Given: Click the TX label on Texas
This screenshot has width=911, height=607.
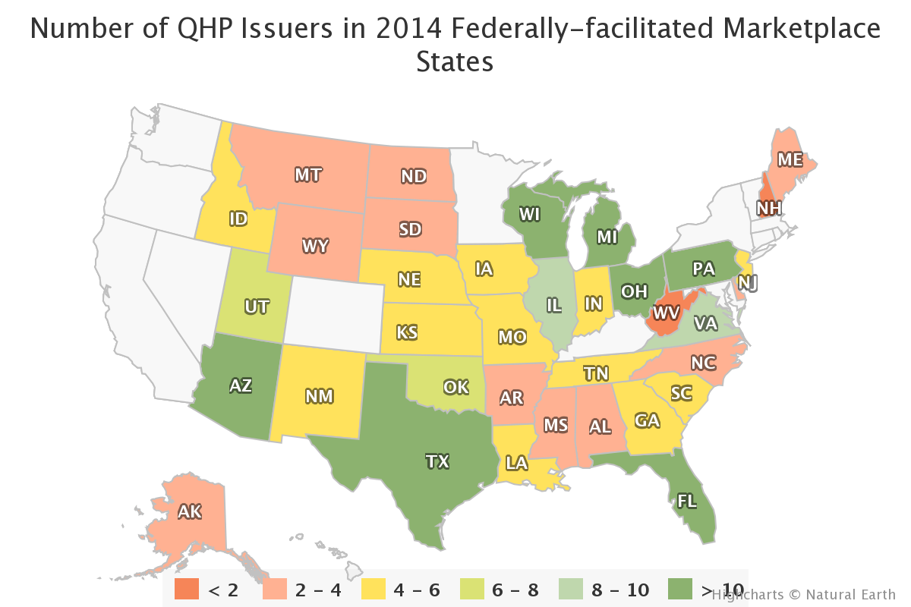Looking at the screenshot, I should tap(437, 461).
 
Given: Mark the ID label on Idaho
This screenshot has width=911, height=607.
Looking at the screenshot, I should tap(238, 219).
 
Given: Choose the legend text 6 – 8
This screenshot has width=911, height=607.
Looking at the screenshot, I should tap(509, 590).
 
